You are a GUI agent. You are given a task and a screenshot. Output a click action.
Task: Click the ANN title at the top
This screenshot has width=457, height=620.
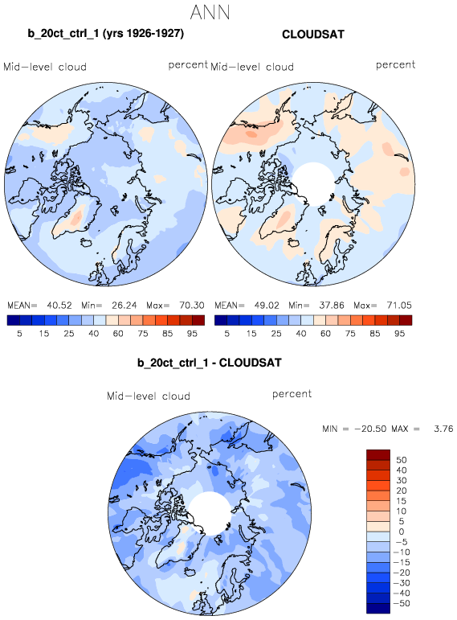pos(210,12)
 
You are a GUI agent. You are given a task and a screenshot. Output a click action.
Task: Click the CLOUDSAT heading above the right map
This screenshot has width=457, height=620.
pos(312,35)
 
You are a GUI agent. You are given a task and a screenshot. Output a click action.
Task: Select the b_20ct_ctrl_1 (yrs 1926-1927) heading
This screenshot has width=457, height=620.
pos(105,33)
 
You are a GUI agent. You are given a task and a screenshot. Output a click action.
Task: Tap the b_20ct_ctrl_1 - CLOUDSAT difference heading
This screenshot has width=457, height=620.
pos(210,363)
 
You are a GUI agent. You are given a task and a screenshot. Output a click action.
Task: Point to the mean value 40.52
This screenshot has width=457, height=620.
pos(59,306)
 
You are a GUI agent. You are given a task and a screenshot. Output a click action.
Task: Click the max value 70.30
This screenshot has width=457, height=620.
pos(192,306)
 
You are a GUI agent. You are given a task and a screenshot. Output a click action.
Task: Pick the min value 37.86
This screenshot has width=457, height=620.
pos(332,306)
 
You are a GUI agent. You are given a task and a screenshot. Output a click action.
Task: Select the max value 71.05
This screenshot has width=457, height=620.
pos(399,306)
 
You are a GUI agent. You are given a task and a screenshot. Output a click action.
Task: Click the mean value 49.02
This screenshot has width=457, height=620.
pos(267,306)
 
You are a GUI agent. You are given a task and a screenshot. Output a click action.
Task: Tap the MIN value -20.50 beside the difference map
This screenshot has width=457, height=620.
pos(369,429)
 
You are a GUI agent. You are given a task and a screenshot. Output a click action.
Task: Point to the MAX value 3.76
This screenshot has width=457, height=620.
pos(443,429)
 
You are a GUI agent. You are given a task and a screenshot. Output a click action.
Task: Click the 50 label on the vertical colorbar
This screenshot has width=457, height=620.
pos(402,460)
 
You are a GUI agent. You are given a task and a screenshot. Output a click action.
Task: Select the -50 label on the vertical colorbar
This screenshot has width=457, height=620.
pos(402,603)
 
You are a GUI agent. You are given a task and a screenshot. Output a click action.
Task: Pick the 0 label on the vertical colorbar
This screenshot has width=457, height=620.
pos(402,532)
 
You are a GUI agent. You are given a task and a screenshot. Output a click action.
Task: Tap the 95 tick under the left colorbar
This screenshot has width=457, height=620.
pos(192,334)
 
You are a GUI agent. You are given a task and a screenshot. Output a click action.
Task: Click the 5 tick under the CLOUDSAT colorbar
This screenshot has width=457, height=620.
pos(226,334)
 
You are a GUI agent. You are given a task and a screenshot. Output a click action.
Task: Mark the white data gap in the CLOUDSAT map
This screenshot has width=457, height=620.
pos(313,184)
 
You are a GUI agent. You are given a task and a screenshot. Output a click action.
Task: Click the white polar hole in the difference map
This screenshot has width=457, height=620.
pos(210,513)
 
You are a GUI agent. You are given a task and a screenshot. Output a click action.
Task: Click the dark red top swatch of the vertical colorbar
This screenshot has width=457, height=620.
pos(378,454)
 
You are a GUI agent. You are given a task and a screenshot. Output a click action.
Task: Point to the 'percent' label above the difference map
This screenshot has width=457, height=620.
pos(292,394)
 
